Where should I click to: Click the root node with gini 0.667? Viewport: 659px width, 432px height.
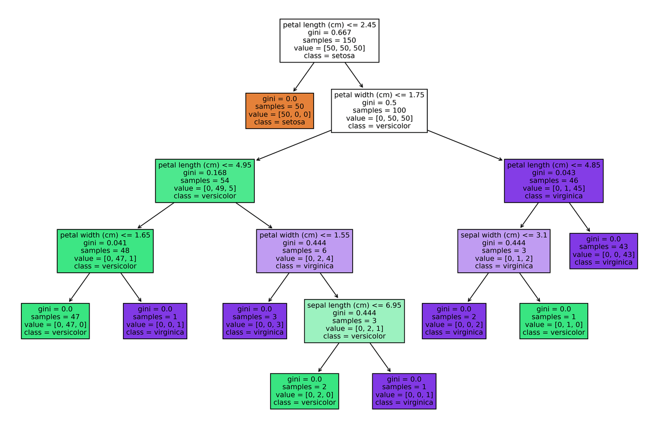point(329,40)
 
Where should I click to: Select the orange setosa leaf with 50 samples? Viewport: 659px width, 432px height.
point(280,110)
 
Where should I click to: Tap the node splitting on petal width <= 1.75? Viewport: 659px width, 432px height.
point(379,110)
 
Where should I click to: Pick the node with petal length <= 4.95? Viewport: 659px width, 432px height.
point(205,180)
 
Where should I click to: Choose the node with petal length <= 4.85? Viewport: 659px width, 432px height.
point(554,180)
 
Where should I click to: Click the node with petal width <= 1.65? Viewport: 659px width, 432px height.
point(105,250)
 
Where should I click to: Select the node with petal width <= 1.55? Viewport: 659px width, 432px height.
point(304,250)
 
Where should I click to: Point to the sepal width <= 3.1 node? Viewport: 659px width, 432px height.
point(504,250)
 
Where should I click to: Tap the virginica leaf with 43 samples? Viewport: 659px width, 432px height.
point(604,250)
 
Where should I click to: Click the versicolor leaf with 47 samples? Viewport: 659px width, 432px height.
point(55,321)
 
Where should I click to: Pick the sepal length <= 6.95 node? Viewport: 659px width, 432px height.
point(354,321)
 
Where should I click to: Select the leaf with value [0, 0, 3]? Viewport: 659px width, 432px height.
point(254,321)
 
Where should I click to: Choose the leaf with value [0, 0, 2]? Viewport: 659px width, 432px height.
point(454,321)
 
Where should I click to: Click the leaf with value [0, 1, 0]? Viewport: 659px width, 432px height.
point(554,321)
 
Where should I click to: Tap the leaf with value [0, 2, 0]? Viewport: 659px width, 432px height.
point(304,391)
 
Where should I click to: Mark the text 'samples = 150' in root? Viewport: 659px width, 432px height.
point(329,40)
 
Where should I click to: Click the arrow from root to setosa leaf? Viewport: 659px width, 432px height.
point(304,77)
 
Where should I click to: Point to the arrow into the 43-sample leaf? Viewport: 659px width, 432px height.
point(579,217)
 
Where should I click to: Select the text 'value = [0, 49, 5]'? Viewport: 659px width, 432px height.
point(205,188)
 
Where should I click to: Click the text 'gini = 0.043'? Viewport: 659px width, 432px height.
point(554,172)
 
